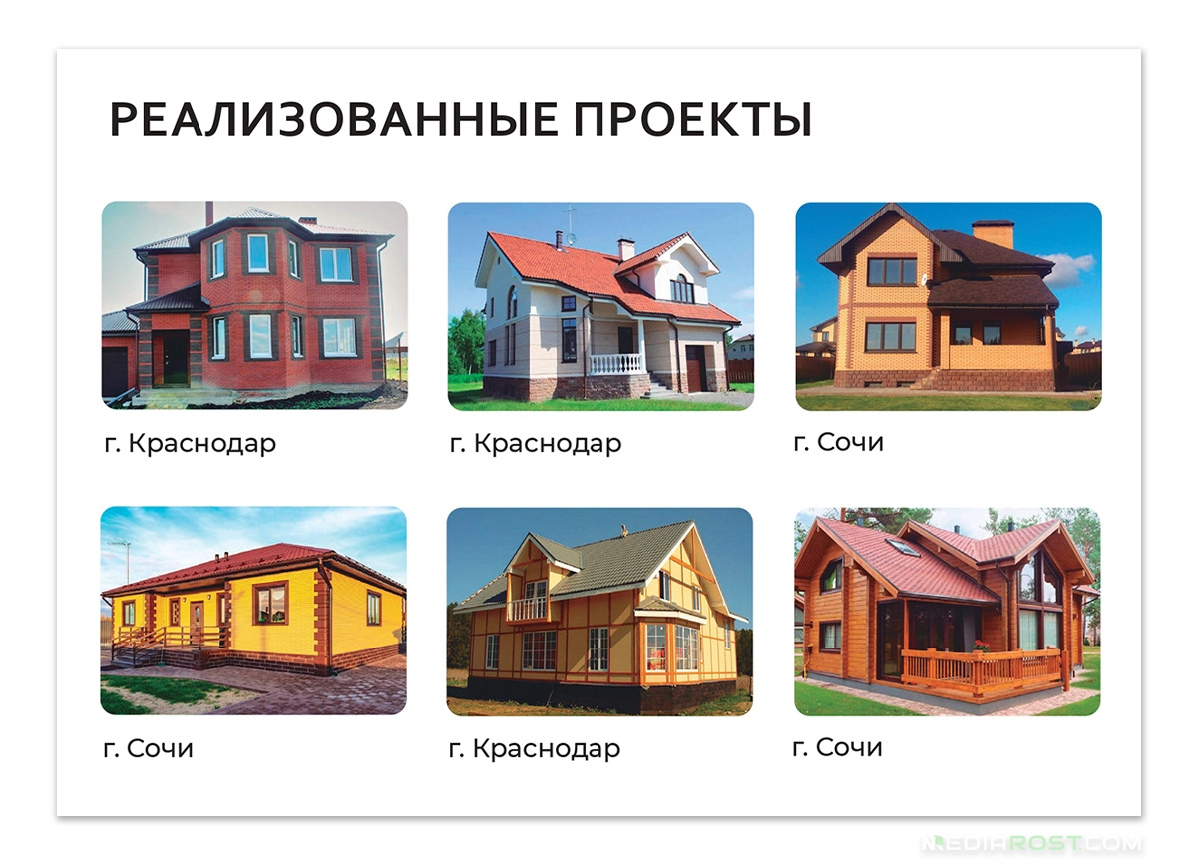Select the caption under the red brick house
[x=190, y=444]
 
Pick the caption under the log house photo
[x=837, y=746]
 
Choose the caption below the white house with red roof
[x=536, y=444]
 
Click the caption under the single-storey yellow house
[x=148, y=747]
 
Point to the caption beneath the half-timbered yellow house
[x=535, y=748]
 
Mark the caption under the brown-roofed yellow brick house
[x=838, y=442]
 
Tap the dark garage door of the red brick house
[x=115, y=370]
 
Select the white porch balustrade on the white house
[x=615, y=364]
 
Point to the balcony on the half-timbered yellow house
[x=528, y=607]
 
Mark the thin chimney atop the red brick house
[x=208, y=214]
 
